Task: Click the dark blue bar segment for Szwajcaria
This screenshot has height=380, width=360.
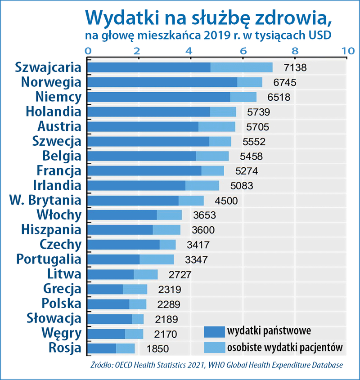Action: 148,67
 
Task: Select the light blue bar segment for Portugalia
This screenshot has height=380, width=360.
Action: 157,259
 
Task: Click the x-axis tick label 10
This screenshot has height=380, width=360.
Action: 347,51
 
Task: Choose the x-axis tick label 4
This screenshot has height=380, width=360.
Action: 191,51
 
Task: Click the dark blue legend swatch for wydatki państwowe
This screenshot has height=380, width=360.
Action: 214,332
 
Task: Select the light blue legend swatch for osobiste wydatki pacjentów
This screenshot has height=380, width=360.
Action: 214,347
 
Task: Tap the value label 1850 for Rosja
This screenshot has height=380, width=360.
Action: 157,349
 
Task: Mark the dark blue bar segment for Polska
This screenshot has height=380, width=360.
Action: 108,304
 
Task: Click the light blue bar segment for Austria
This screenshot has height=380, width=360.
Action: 217,127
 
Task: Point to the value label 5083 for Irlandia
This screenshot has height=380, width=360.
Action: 242,186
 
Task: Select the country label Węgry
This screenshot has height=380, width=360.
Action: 61,334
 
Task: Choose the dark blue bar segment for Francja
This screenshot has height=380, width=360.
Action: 144,171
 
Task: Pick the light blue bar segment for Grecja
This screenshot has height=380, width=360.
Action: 135,289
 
